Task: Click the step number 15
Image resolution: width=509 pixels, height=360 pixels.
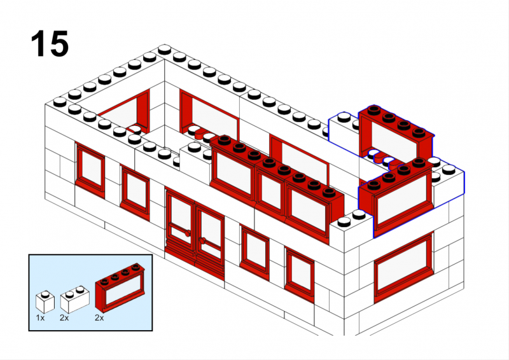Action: [50, 43]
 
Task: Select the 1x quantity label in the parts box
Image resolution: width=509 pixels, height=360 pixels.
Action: [40, 318]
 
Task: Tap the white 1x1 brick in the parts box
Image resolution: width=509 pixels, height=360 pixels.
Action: [45, 301]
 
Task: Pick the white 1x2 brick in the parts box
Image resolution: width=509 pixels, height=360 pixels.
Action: [74, 299]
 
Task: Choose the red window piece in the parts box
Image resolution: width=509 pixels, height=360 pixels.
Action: [120, 287]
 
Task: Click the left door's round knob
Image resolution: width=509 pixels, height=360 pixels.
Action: [188, 233]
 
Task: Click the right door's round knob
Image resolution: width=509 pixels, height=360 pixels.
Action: [202, 240]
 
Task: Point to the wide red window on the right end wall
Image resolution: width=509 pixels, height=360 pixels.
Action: [403, 268]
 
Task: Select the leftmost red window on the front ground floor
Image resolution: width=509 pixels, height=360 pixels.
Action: [90, 169]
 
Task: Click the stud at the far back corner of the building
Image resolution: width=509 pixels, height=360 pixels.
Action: [165, 49]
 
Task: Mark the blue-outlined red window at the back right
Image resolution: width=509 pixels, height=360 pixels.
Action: [396, 135]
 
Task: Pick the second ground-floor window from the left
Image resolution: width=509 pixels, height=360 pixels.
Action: [135, 192]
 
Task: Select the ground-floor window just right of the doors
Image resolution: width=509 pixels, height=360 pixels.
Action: [255, 252]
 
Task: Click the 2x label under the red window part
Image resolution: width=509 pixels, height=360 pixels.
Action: [99, 318]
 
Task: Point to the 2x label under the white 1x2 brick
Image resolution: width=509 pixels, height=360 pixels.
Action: [64, 318]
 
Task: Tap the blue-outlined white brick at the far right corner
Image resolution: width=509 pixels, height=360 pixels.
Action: [449, 182]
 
